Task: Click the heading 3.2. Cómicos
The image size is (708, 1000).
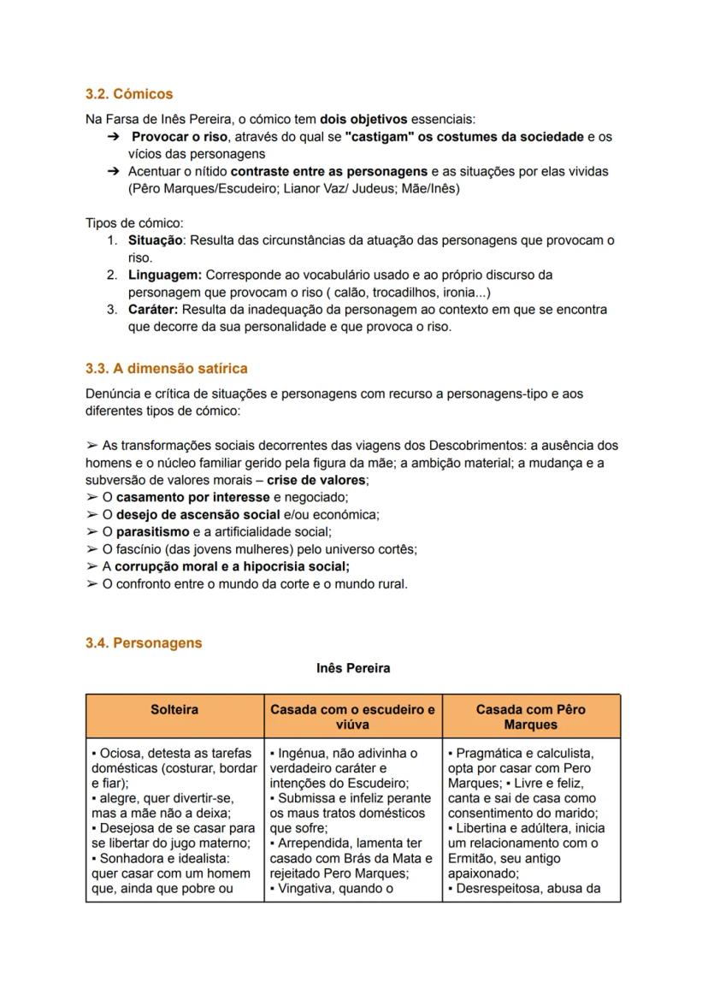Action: pos(129,93)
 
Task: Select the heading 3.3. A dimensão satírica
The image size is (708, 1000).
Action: pos(167,369)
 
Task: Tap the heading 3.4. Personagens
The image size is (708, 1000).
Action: pos(144,642)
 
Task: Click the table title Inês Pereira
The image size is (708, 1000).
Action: pos(353,668)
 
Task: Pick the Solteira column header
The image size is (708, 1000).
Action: pos(174,710)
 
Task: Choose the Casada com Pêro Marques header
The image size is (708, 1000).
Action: pos(531,717)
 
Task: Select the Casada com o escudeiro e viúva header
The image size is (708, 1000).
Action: pos(353,717)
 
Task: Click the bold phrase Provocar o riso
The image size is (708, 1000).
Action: pos(180,137)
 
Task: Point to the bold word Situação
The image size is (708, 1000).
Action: pos(156,240)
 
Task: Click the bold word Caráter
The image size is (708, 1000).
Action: pos(153,309)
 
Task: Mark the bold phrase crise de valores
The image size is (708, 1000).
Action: pos(317,480)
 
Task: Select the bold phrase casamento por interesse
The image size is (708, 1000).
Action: pos(193,497)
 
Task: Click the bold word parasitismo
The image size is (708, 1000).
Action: pos(153,531)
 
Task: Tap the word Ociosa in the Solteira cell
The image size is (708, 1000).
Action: pos(120,754)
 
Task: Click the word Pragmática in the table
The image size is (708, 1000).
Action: pos(489,754)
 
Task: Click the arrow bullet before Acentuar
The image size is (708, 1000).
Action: pos(113,171)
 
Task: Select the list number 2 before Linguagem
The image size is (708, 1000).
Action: pos(112,275)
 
